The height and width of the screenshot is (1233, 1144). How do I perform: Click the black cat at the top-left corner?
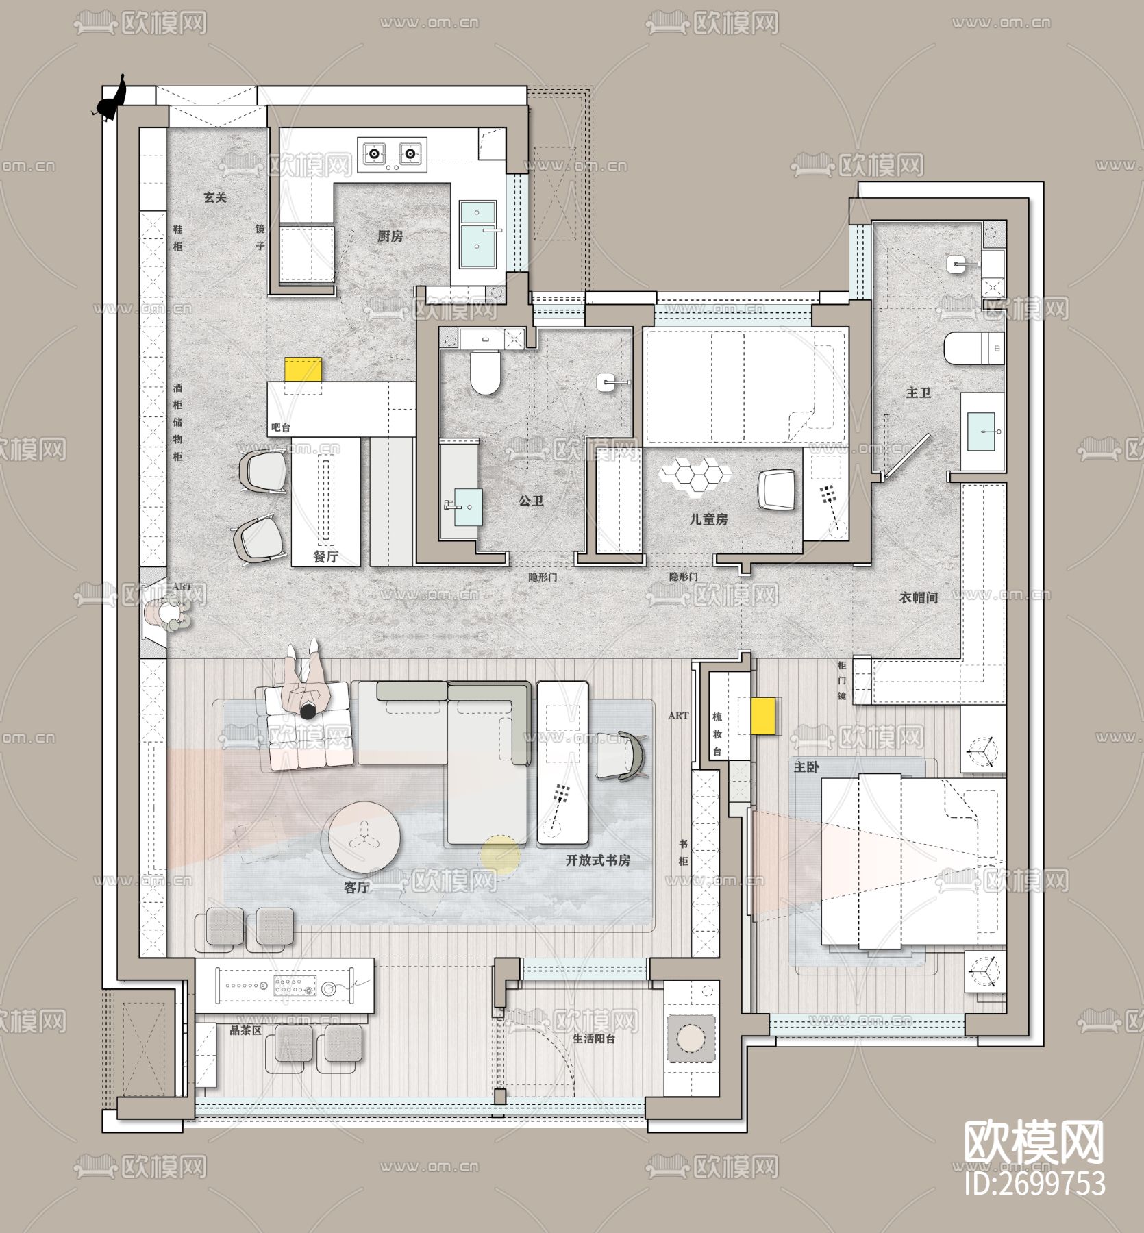[112, 100]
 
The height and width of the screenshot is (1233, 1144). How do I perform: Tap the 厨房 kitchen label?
[390, 236]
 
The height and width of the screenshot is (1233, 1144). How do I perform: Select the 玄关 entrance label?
[215, 197]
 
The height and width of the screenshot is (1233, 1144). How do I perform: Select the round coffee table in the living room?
[364, 836]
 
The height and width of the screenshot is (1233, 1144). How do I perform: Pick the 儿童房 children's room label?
[708, 520]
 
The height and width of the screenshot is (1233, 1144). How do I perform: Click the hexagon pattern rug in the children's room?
[695, 474]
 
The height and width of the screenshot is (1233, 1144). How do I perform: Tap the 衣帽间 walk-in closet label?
[919, 598]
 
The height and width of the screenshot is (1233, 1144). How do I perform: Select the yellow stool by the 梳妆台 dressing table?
[764, 716]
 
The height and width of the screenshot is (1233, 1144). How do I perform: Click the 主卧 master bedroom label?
[806, 767]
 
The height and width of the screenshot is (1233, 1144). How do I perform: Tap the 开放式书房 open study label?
[597, 860]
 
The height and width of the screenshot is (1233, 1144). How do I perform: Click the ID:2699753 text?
[1034, 1183]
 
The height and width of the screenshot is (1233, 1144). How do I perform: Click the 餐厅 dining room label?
[326, 557]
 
